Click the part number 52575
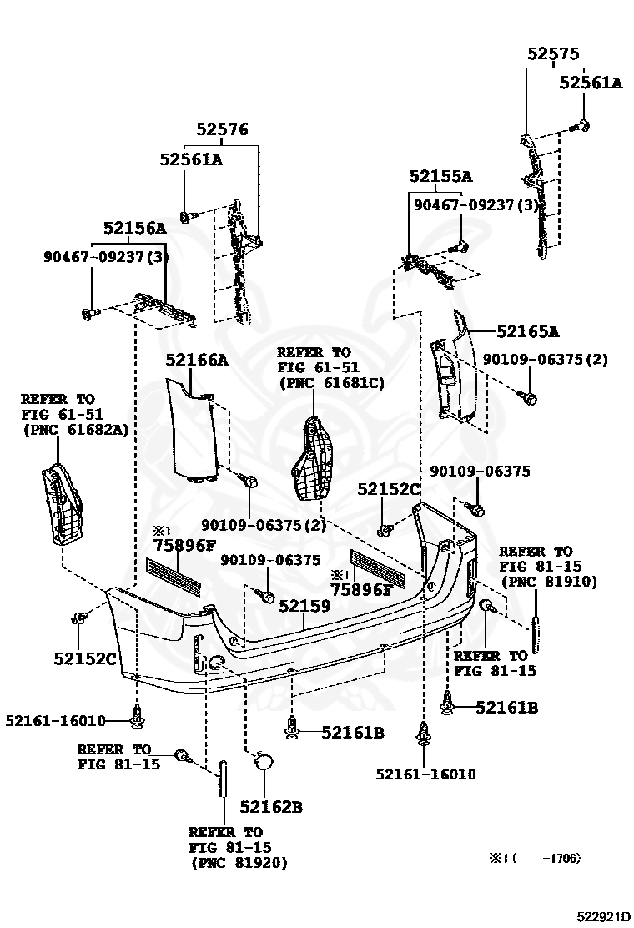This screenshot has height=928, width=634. (552, 53)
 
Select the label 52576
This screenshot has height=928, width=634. (222, 129)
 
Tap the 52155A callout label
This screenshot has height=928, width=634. (440, 176)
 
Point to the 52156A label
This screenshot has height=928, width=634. (134, 228)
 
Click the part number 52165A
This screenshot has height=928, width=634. (527, 331)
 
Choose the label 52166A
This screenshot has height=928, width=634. (196, 360)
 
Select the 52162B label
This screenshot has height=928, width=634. (270, 806)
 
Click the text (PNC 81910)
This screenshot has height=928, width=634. (548, 582)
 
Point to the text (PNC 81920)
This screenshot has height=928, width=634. (238, 863)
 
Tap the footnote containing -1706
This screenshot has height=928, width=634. (534, 858)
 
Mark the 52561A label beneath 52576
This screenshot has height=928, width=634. (191, 159)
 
